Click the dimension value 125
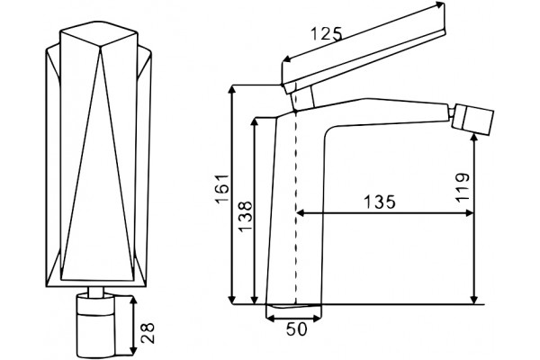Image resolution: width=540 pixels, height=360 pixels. [327, 34]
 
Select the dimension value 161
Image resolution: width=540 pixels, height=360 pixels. [223, 189]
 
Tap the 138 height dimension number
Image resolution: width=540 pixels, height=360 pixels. [246, 217]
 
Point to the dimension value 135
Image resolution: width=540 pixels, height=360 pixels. [380, 202]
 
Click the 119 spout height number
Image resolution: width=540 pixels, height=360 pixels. [463, 187]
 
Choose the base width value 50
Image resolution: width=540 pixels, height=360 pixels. [296, 329]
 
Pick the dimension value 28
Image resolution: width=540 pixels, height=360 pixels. [148, 333]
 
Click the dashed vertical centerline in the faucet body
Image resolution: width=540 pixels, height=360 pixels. [295, 208]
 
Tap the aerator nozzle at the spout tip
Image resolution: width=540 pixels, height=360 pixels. [472, 121]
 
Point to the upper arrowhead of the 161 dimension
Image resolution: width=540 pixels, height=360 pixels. [233, 89]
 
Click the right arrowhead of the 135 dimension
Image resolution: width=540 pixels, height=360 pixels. [470, 213]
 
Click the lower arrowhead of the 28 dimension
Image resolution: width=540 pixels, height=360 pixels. [133, 350]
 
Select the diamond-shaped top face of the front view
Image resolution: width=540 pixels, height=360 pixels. [99, 34]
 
